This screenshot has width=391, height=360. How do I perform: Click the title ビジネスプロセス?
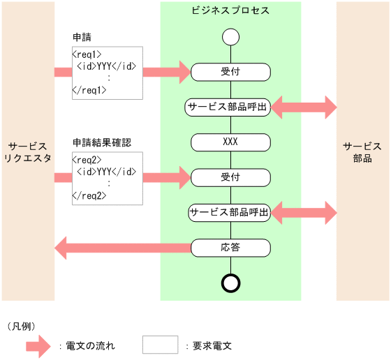click(230, 11)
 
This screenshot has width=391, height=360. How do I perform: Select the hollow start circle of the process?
click(230, 37)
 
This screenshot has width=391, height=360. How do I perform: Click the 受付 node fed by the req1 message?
click(230, 71)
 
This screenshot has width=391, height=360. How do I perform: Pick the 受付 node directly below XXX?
click(230, 177)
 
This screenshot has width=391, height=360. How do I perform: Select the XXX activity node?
click(230, 142)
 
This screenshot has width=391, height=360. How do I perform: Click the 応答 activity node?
click(230, 247)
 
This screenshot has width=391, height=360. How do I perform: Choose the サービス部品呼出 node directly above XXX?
click(228, 107)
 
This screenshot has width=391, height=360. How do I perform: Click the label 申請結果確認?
click(103, 142)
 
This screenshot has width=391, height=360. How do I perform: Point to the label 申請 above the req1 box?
click(82, 36)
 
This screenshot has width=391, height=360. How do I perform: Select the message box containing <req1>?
click(107, 72)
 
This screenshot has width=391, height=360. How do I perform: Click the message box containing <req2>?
click(107, 178)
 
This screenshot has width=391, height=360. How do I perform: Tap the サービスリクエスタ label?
click(28, 152)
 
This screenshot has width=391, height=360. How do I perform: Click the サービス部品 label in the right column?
click(362, 152)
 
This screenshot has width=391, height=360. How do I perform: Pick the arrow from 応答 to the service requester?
click(122, 246)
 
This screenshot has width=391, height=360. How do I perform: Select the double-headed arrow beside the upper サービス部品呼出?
click(304, 107)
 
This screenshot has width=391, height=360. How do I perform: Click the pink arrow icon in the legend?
click(38, 345)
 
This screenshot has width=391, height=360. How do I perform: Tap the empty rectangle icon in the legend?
click(160, 345)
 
